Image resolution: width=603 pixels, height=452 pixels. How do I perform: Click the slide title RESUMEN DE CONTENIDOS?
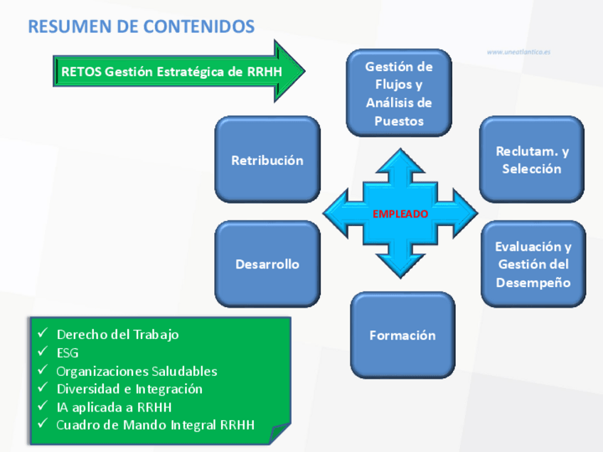141,27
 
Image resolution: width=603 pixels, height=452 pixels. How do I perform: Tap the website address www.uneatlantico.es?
518,52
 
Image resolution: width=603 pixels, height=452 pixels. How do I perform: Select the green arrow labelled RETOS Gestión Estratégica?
178,71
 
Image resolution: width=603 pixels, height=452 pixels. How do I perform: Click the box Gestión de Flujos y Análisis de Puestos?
399,93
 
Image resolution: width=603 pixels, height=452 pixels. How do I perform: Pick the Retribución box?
267,160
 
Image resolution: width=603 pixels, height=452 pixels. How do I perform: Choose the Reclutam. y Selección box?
532,160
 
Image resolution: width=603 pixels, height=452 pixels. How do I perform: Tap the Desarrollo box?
267,264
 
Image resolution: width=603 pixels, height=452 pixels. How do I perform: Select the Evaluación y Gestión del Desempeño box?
533,264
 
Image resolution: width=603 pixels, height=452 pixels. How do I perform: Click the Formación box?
402,335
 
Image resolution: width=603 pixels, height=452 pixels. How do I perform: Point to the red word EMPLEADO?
400,213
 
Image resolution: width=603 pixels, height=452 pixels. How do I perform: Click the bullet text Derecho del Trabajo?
117,334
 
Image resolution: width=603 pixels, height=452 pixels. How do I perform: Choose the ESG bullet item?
68,353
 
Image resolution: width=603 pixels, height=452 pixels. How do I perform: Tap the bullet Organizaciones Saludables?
137,371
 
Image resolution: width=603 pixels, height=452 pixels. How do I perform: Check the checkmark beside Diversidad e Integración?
43,389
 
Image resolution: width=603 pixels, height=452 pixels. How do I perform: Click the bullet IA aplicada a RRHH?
114,407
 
